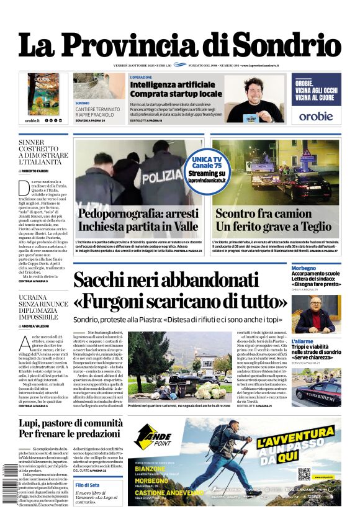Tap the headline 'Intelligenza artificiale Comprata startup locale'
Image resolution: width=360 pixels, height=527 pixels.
[176, 89]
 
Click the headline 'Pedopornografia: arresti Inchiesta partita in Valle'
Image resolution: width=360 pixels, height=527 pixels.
[138, 220]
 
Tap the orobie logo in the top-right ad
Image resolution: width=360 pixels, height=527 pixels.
[316, 115]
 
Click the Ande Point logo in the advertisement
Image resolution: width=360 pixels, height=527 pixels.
[153, 439]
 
